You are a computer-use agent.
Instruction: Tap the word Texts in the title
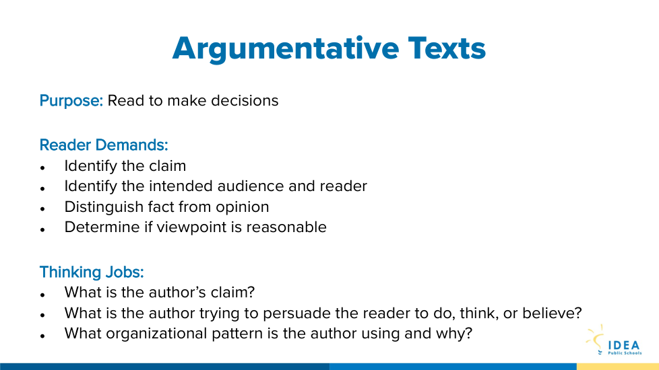[447, 48]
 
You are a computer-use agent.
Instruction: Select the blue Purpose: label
[71, 101]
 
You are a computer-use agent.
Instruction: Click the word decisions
[245, 101]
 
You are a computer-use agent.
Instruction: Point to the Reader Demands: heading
[104, 145]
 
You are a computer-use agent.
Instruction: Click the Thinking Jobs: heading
[92, 272]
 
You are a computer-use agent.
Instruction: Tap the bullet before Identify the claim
[42, 168]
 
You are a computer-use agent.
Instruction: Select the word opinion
[242, 207]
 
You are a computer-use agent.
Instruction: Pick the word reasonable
[286, 227]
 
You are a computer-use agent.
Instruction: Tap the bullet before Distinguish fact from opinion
[42, 209]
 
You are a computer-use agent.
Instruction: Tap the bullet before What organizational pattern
[42, 336]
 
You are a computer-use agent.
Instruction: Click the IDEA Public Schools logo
[614, 340]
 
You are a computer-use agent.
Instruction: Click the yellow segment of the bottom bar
[618, 367]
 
